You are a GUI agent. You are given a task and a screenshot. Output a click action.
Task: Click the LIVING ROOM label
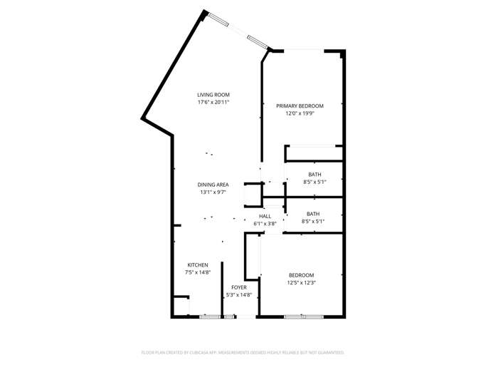(x=213, y=95)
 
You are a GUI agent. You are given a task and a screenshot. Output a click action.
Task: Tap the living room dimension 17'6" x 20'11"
(x=213, y=103)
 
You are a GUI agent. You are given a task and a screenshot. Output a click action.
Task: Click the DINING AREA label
(x=213, y=185)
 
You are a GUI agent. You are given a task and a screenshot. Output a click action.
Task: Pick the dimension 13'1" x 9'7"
(x=213, y=192)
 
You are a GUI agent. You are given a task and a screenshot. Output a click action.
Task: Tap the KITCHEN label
(x=198, y=265)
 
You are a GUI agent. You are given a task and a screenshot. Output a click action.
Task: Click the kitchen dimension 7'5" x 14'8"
(x=198, y=272)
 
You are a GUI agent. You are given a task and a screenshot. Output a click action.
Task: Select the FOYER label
(x=238, y=287)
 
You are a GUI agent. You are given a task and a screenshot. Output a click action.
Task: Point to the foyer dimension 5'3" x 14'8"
(x=238, y=294)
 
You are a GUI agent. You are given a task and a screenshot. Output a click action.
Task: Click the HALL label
(x=265, y=216)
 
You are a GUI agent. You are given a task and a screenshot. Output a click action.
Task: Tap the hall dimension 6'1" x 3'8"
(x=265, y=224)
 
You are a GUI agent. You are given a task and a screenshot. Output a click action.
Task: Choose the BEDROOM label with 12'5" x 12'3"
(x=301, y=275)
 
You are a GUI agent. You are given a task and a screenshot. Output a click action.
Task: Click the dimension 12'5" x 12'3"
(x=301, y=283)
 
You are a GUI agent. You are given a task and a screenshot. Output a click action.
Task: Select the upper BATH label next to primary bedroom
(x=315, y=175)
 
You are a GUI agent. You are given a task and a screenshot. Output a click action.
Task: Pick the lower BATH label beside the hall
(x=313, y=214)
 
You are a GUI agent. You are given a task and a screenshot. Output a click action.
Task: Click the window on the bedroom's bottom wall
(x=294, y=316)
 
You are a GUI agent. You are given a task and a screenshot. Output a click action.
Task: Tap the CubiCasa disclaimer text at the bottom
(x=243, y=352)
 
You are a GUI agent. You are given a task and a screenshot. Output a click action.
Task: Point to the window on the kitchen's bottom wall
(x=209, y=316)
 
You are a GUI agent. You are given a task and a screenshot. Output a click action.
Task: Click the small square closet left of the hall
(x=253, y=195)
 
